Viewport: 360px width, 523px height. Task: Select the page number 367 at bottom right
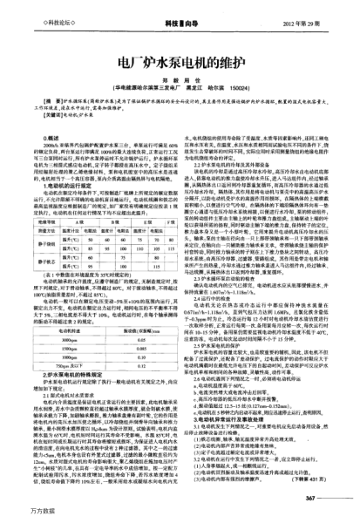click(x=335, y=497)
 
